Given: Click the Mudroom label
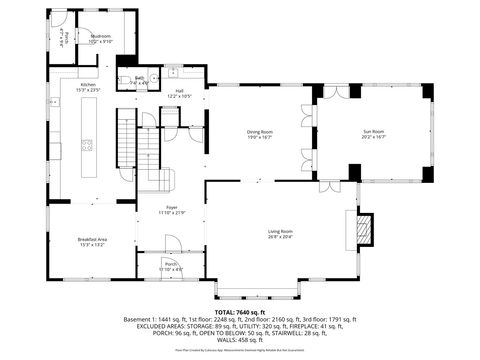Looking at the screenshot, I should click(x=101, y=37).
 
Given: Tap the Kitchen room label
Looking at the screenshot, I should click(x=88, y=85).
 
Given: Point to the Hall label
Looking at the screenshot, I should click(x=180, y=91).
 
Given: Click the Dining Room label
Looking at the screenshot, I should click(x=260, y=132).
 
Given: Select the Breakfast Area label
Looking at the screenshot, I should click(x=92, y=239).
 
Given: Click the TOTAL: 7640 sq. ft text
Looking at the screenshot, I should click(x=240, y=311).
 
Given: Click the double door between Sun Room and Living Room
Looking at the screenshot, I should click(x=327, y=186).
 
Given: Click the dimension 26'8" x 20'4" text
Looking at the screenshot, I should click(x=280, y=237).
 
